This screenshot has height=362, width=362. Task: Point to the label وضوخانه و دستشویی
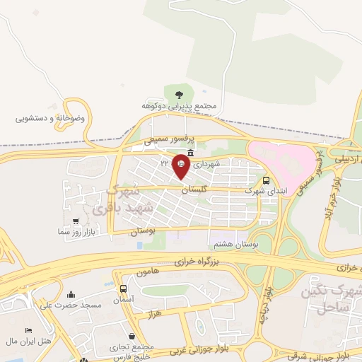(x=50, y=118)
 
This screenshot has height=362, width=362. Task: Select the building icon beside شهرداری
(x=192, y=153)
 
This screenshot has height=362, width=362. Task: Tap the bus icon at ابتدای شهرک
(x=266, y=180)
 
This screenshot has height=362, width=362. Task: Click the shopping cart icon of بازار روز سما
(x=76, y=221)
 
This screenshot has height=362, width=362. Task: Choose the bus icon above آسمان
(x=124, y=289)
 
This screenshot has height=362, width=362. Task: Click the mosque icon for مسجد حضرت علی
(x=70, y=294)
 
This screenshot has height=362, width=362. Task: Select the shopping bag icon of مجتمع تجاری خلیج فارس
(x=132, y=335)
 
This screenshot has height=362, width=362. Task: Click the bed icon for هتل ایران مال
(x=28, y=331)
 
